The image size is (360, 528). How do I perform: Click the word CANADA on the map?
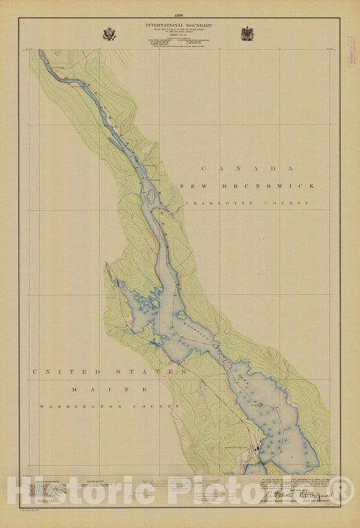click(246, 169)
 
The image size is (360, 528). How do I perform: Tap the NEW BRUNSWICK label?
click(247, 186)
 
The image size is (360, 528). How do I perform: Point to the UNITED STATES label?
click(108, 372)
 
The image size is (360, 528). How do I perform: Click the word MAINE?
click(110, 390)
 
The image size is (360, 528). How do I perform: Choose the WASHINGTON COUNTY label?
click(109, 406)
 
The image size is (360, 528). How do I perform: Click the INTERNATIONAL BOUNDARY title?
click(179, 25)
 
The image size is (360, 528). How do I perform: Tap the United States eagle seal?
click(109, 34)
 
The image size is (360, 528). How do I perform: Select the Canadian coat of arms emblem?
click(248, 34)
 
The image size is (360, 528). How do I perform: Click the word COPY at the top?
click(179, 15)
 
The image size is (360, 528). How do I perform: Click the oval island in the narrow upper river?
click(151, 196)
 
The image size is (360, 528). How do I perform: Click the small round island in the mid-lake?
click(181, 315)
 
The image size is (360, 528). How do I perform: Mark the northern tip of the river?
click(41, 52)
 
